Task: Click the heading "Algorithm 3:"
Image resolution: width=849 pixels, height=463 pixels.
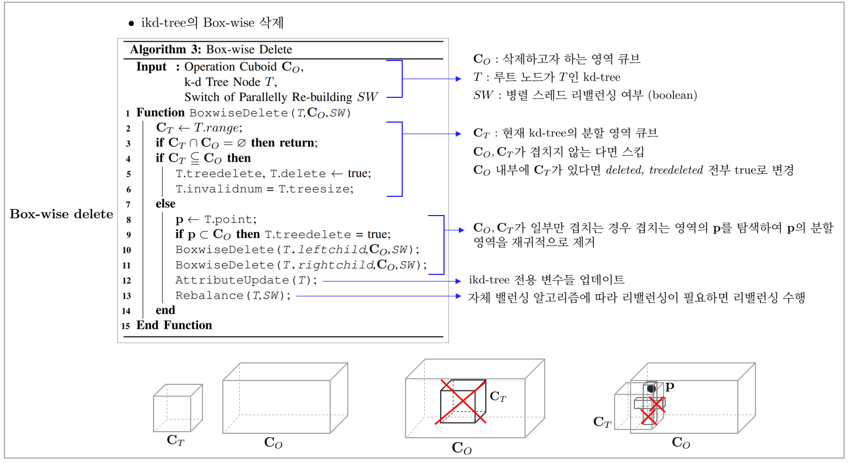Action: [166, 49]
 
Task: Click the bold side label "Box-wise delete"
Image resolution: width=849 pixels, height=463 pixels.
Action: [62, 214]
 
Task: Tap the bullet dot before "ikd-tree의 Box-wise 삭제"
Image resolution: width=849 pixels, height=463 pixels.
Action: [131, 24]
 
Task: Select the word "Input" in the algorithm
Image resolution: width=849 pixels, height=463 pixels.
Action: [151, 67]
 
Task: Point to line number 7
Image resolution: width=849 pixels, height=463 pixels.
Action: [128, 205]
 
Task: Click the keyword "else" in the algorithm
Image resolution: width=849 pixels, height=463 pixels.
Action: [165, 204]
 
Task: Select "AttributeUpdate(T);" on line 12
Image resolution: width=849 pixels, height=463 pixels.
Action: [246, 280]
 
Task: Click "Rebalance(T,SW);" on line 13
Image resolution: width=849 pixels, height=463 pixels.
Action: [232, 296]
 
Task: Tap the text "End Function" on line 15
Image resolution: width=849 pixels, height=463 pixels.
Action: [174, 326]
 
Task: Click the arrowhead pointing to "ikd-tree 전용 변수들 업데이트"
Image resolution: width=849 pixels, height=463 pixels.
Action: [458, 281]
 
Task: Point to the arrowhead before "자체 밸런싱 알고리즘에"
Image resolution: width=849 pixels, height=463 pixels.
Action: [458, 296]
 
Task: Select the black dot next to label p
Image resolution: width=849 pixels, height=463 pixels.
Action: [651, 389]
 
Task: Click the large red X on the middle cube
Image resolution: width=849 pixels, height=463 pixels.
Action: [461, 402]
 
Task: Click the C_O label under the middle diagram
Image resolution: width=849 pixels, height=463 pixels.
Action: [462, 448]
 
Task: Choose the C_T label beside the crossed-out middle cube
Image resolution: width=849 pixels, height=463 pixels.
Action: [498, 396]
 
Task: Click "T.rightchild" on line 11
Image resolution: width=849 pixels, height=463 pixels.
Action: [328, 265]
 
